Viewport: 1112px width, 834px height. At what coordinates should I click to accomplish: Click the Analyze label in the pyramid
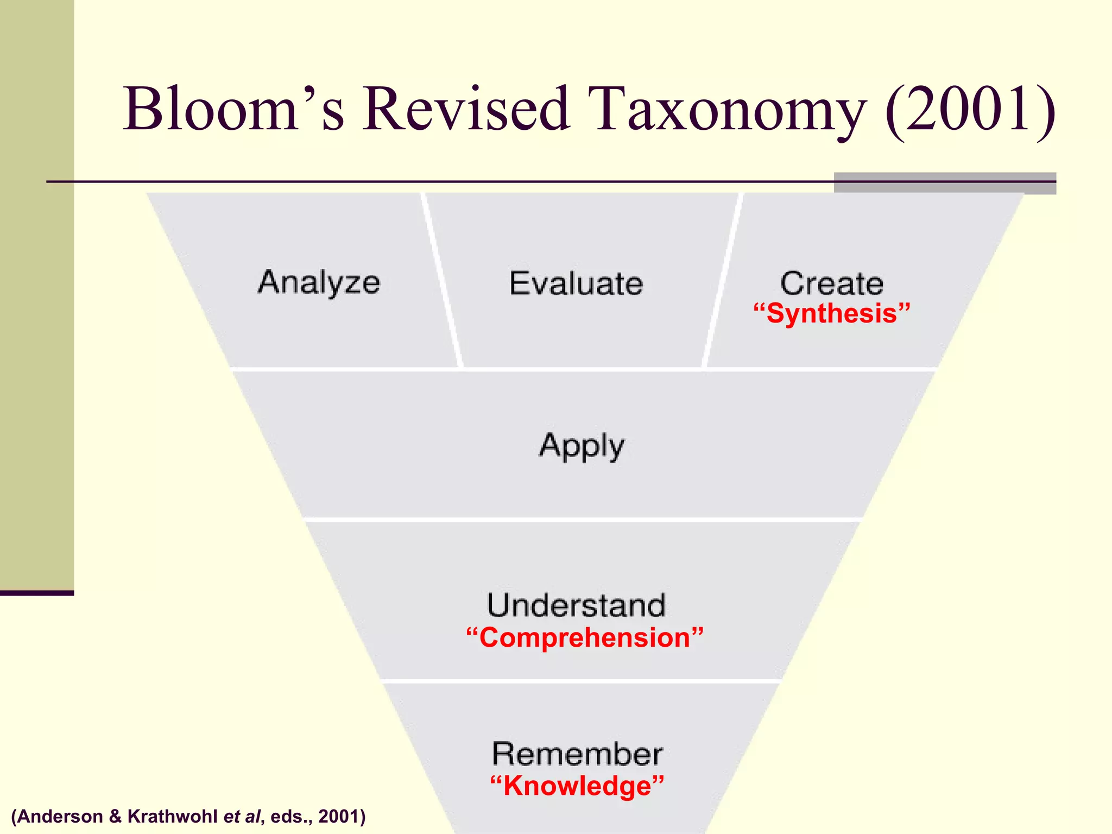pos(319,282)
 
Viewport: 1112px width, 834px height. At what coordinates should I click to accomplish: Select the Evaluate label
pos(576,283)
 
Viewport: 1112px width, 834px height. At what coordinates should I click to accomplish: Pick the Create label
pos(831,283)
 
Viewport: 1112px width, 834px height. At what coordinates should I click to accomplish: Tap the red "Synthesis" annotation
pos(831,314)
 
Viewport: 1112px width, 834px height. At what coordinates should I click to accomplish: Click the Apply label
pos(582,446)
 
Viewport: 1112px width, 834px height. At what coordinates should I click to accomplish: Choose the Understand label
pos(576,605)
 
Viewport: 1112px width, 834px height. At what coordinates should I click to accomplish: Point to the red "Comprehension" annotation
pos(585,637)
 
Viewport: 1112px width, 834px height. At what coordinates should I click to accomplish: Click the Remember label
pos(577,754)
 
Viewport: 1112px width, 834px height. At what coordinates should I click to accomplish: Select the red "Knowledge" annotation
pos(577,786)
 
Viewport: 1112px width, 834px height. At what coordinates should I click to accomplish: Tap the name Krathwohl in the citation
pos(172,816)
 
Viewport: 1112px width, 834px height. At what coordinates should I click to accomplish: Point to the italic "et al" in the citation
pos(242,816)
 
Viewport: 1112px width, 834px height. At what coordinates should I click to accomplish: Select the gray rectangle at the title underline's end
pos(945,183)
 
